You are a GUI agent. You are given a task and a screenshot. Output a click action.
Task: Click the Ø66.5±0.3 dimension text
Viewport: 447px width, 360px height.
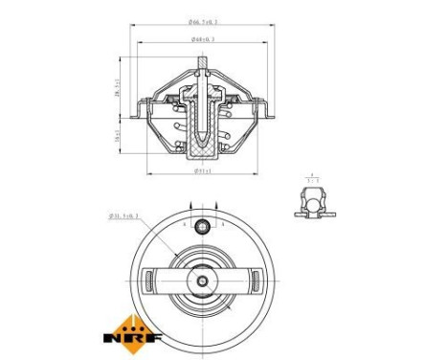[203, 19]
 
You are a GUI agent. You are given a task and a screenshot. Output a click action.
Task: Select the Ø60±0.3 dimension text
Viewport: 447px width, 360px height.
[203, 39]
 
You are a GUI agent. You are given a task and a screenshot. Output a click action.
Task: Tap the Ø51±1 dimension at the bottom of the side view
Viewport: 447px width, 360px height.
[203, 171]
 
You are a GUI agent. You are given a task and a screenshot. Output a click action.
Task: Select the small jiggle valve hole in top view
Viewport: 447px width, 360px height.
[202, 228]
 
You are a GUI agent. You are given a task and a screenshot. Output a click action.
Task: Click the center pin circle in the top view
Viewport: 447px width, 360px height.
[202, 281]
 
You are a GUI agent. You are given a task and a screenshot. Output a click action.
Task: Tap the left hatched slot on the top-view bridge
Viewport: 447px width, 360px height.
[149, 281]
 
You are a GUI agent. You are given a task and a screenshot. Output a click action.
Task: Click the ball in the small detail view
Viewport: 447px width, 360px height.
[310, 202]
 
